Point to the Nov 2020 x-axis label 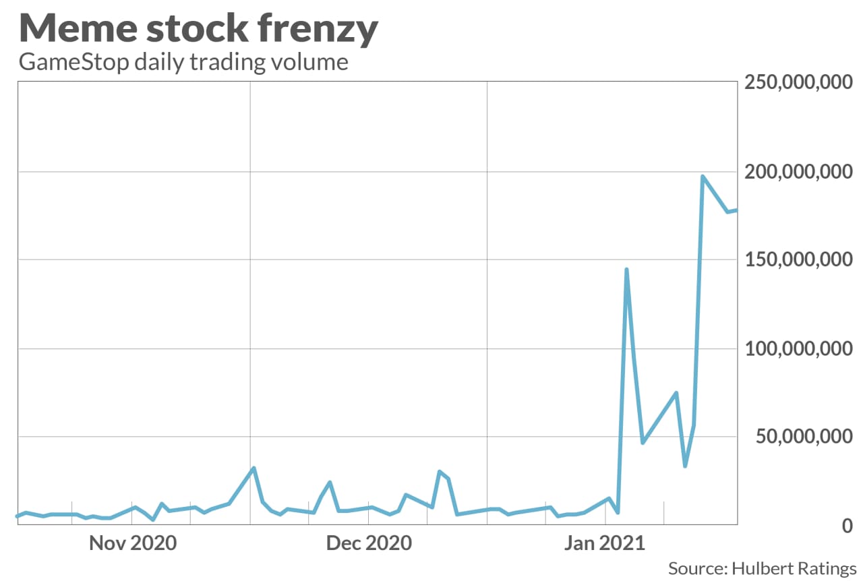133,543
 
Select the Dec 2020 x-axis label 369,543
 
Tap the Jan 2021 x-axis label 605,543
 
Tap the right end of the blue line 736,210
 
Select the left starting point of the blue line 18,516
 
